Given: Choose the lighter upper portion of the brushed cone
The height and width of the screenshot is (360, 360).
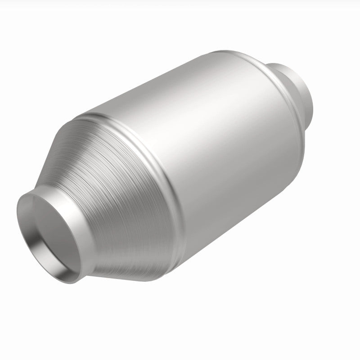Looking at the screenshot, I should tap(90, 135).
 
